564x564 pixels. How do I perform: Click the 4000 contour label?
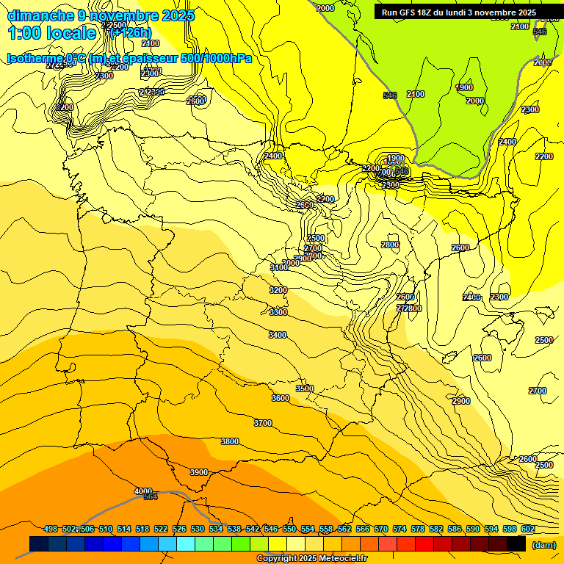pyautogui.click(x=143, y=491)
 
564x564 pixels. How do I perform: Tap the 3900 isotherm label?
pyautogui.click(x=199, y=472)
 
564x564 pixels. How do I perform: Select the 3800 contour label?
pyautogui.click(x=230, y=441)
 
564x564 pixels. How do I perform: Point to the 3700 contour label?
pyautogui.click(x=263, y=423)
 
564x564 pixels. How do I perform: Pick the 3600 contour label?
pyautogui.click(x=281, y=398)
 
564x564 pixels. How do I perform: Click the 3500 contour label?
pyautogui.click(x=305, y=388)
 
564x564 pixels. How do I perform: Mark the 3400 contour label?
pyautogui.click(x=278, y=335)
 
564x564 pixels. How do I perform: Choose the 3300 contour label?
pyautogui.click(x=278, y=312)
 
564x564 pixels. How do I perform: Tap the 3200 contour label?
pyautogui.click(x=278, y=290)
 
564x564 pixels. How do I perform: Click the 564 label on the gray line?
pyautogui.click(x=151, y=497)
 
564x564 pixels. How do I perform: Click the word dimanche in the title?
pyautogui.click(x=40, y=15)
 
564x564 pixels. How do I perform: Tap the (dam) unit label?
pyautogui.click(x=543, y=545)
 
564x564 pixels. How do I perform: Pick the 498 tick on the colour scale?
pyautogui.click(x=51, y=529)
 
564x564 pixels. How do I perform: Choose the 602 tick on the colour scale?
pyautogui.click(x=528, y=529)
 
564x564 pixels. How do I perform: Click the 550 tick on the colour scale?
pyautogui.click(x=289, y=529)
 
